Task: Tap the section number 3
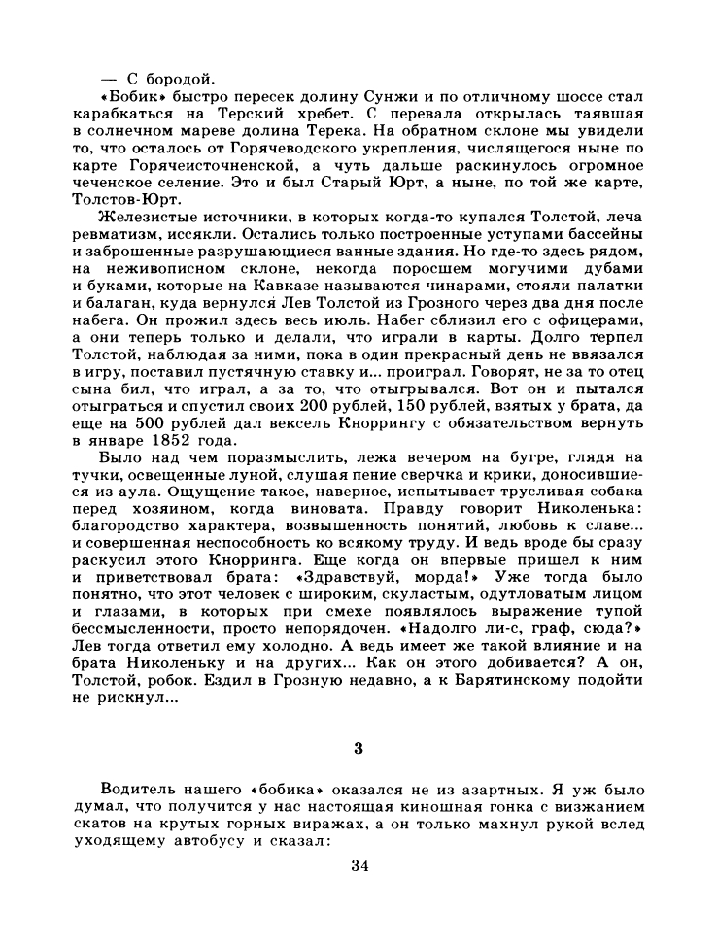[358, 748]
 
